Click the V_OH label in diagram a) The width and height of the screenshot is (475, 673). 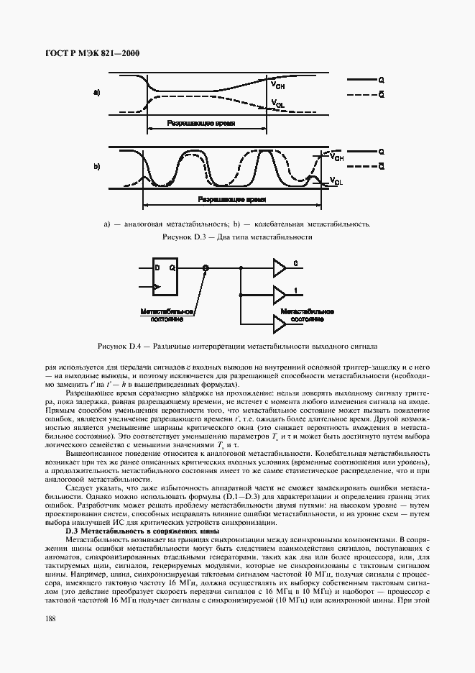tap(277, 85)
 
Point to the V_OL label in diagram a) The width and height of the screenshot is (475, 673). tap(278, 105)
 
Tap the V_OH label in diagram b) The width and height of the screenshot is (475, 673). tap(336, 157)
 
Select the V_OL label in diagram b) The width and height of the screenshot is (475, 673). tap(336, 180)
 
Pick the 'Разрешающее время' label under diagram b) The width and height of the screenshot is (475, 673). tap(231, 198)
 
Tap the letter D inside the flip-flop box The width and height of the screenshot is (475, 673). tap(157, 267)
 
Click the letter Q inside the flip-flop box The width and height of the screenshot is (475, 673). tap(172, 267)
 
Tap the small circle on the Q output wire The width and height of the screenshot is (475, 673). tap(206, 267)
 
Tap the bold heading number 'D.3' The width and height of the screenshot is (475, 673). tap(73, 530)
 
